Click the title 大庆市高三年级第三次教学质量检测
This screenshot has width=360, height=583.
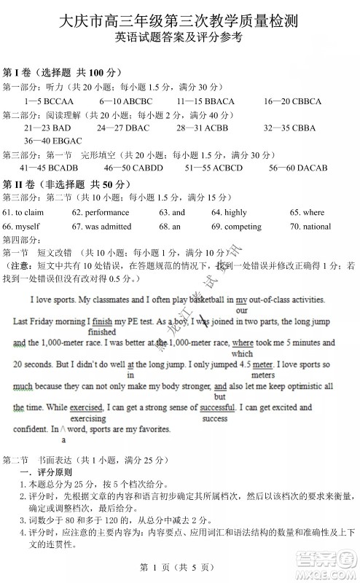(179, 20)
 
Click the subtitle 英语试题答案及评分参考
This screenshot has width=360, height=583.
(179, 40)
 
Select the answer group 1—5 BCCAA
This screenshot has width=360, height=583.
(50, 101)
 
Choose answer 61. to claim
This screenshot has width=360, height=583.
(23, 212)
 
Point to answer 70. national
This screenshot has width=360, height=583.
(310, 226)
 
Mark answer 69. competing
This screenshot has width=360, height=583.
(235, 226)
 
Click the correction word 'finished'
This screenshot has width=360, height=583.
(102, 332)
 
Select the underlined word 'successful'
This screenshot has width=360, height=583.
(219, 407)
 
